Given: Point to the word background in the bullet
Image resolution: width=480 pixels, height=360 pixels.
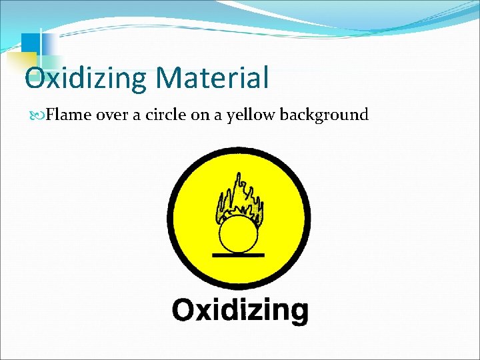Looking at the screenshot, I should click(x=324, y=115).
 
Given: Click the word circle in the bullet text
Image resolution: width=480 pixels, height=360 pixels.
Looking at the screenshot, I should click(x=158, y=115).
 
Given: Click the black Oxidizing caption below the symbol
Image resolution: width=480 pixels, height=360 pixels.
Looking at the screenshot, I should click(x=240, y=311).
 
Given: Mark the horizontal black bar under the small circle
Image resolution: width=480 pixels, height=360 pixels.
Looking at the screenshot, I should click(x=238, y=255).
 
